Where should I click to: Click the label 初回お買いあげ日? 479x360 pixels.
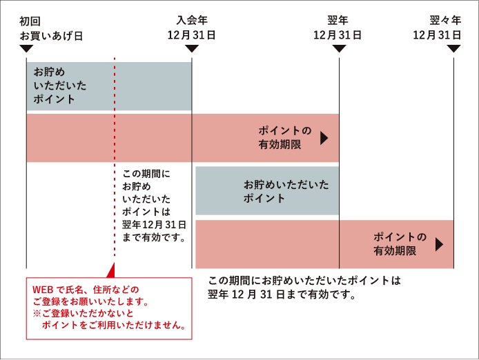pos(51,28)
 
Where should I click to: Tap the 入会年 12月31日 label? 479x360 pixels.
pos(192,28)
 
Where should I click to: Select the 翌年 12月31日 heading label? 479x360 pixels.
pos(338,28)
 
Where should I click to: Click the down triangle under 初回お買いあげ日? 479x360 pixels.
pos(26,48)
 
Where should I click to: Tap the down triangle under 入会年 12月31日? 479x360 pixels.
pos(192,48)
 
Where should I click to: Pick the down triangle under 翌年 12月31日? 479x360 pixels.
pos(339,48)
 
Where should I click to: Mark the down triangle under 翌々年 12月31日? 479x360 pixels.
pos(453,48)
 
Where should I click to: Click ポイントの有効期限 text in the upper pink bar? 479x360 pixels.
pos(284,137)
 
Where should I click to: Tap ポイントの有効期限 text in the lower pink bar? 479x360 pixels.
pos(400,244)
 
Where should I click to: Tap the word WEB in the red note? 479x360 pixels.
pos(43,289)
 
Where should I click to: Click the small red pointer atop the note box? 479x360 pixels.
pos(115,272)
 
